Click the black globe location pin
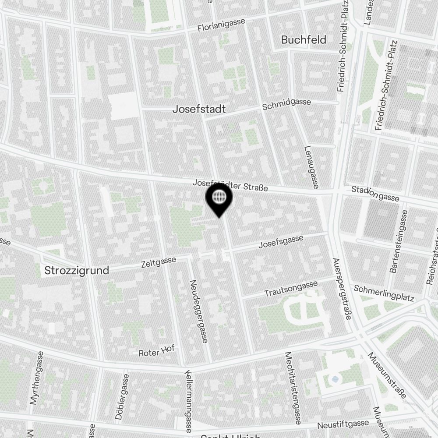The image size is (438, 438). click(x=219, y=198)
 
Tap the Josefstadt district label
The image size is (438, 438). click(x=199, y=109)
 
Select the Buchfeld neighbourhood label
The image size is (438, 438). click(x=304, y=40)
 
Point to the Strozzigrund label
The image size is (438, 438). click(x=77, y=270)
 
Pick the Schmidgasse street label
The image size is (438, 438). click(x=286, y=104)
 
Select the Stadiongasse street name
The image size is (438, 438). click(x=375, y=194)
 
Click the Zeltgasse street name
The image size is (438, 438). click(x=158, y=262)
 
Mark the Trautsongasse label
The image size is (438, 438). click(x=291, y=289)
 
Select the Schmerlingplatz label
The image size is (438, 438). click(x=384, y=293)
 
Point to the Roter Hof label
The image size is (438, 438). click(x=156, y=350)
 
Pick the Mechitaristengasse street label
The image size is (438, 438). click(x=293, y=388)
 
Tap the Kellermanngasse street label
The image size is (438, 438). click(x=188, y=401)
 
